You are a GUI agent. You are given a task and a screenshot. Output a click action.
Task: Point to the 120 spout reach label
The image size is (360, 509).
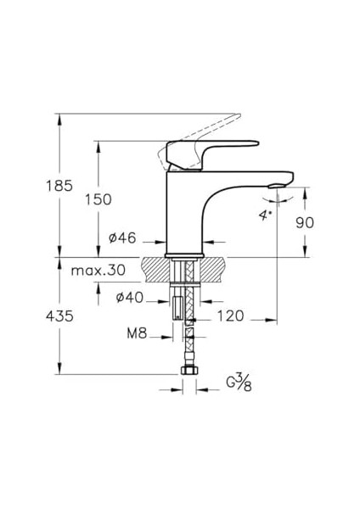click(231, 316)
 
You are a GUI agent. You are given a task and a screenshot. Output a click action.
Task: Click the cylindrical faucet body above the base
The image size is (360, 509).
click(187, 212)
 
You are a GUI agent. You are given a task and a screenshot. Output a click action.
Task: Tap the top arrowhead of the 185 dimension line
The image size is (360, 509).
click(60, 119)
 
